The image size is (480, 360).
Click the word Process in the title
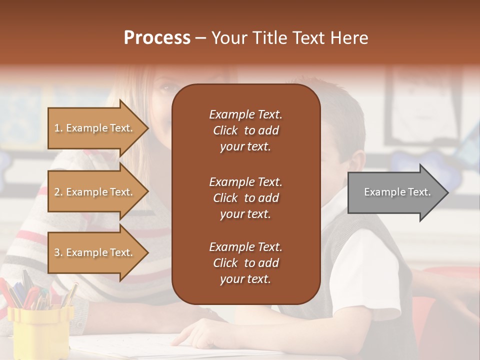tap(157, 38)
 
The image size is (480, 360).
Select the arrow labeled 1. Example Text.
tap(95, 128)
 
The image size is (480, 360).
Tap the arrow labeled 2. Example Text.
tap(95, 192)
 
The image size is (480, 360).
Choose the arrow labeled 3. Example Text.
tap(95, 252)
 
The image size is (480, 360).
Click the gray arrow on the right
tap(395, 192)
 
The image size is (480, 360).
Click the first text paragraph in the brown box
tap(245, 130)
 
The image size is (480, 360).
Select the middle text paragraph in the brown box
tap(245, 197)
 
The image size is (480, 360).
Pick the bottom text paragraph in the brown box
tap(245, 263)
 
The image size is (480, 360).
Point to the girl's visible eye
tap(164, 87)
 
